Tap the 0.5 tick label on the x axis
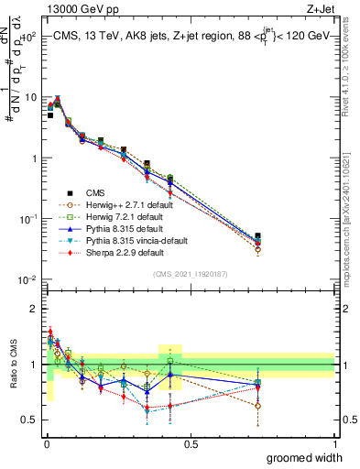coord(191,443)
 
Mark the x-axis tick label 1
coord(334,443)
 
